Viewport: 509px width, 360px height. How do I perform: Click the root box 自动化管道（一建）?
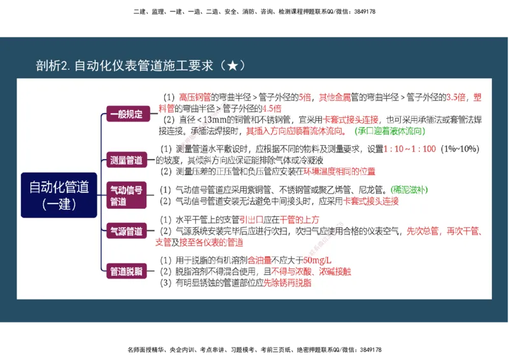[x=59, y=195]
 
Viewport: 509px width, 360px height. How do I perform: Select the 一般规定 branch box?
[x=127, y=114]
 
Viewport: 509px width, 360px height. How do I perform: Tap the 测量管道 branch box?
[x=127, y=160]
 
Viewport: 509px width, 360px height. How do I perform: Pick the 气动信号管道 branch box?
[x=127, y=195]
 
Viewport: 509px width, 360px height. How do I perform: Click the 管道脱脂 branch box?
[x=127, y=272]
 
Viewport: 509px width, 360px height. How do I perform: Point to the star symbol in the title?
[x=232, y=66]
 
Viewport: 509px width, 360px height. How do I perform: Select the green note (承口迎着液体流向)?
[x=389, y=131]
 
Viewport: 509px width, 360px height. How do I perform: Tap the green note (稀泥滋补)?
[x=409, y=190]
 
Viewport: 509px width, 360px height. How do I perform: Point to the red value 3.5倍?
[x=456, y=97]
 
